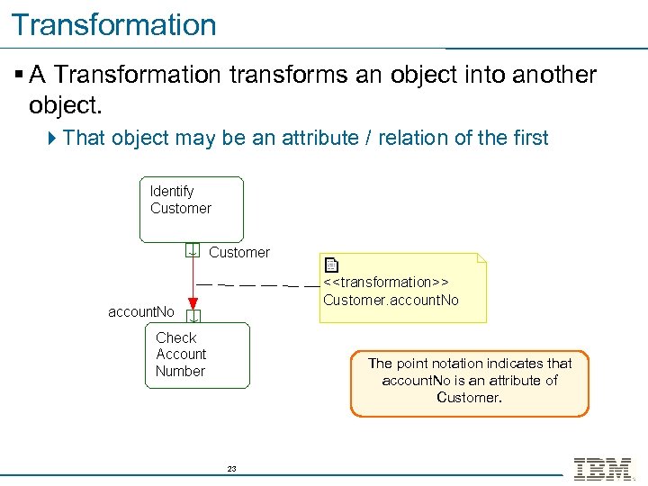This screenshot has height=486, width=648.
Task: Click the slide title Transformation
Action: coord(114,24)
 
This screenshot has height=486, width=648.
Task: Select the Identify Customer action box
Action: coord(192,209)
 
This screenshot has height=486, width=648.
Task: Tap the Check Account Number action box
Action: coord(197,355)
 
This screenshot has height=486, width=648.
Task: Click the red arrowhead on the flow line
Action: coord(193,303)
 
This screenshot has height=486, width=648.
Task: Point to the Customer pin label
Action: coord(238,252)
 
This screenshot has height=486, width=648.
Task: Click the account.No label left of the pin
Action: coord(141,312)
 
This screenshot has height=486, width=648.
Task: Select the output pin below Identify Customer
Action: coord(193,250)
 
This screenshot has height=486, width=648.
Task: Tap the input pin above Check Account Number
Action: coord(193,315)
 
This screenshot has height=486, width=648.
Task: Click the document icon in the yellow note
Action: coord(331,265)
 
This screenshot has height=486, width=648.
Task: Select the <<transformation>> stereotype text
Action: coord(386,283)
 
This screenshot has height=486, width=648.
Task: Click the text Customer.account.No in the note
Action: coord(391,300)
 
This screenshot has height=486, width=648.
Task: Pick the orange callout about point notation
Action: coord(469,382)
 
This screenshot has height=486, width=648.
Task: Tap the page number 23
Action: coord(231,469)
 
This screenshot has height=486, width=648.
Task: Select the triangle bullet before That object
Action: coord(53,138)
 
